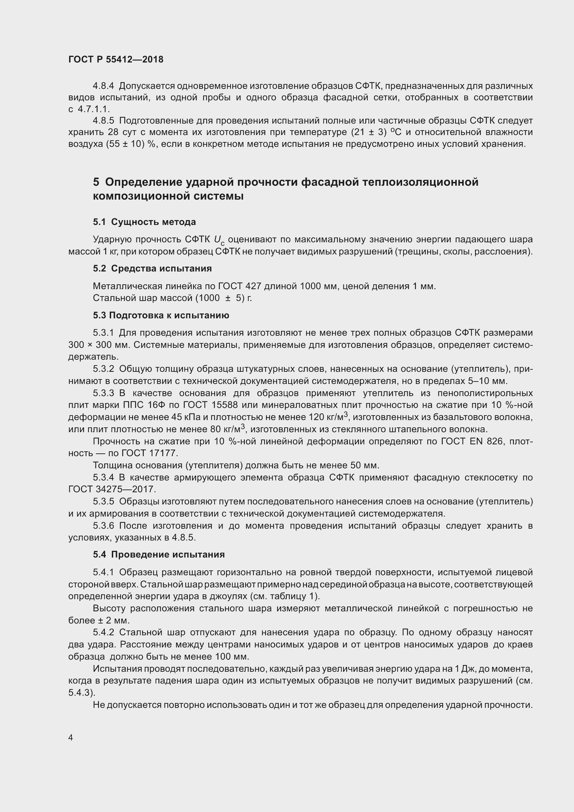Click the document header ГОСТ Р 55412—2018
pyautogui.click(x=116, y=59)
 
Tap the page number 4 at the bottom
pyautogui.click(x=71, y=737)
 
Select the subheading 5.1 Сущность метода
pyautogui.click(x=144, y=222)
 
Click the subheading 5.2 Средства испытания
pyautogui.click(x=152, y=268)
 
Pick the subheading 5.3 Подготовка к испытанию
pyautogui.click(x=161, y=315)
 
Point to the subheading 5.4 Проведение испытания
pyautogui.click(x=159, y=554)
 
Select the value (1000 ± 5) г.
pyautogui.click(x=224, y=298)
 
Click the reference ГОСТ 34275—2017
pyautogui.click(x=112, y=489)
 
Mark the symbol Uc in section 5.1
pyautogui.click(x=219, y=241)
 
